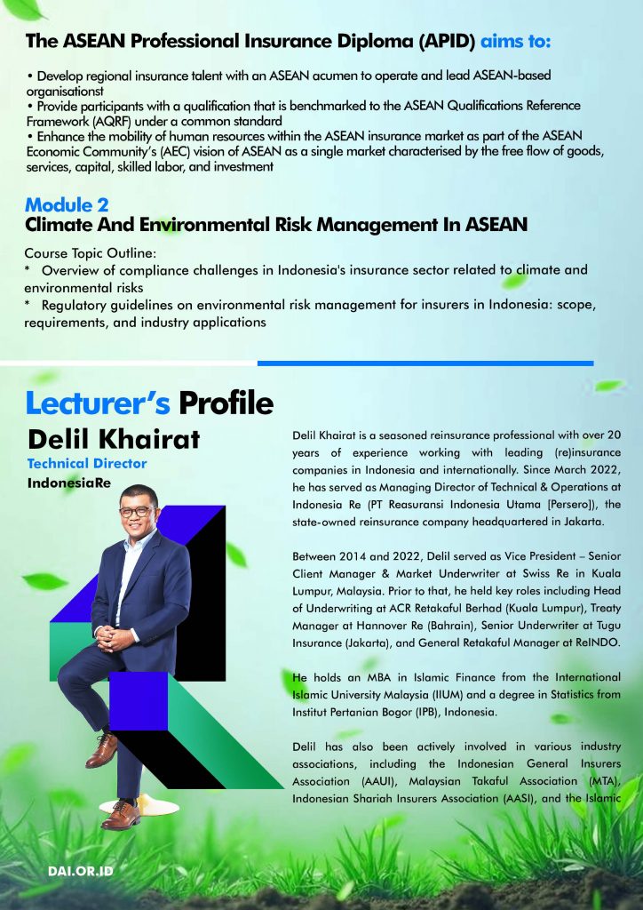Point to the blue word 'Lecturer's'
(x=98, y=403)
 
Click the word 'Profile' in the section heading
(x=226, y=403)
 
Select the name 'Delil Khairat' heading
(x=114, y=439)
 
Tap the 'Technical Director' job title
(x=87, y=463)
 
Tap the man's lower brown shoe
(x=121, y=815)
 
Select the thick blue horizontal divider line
(x=425, y=363)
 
